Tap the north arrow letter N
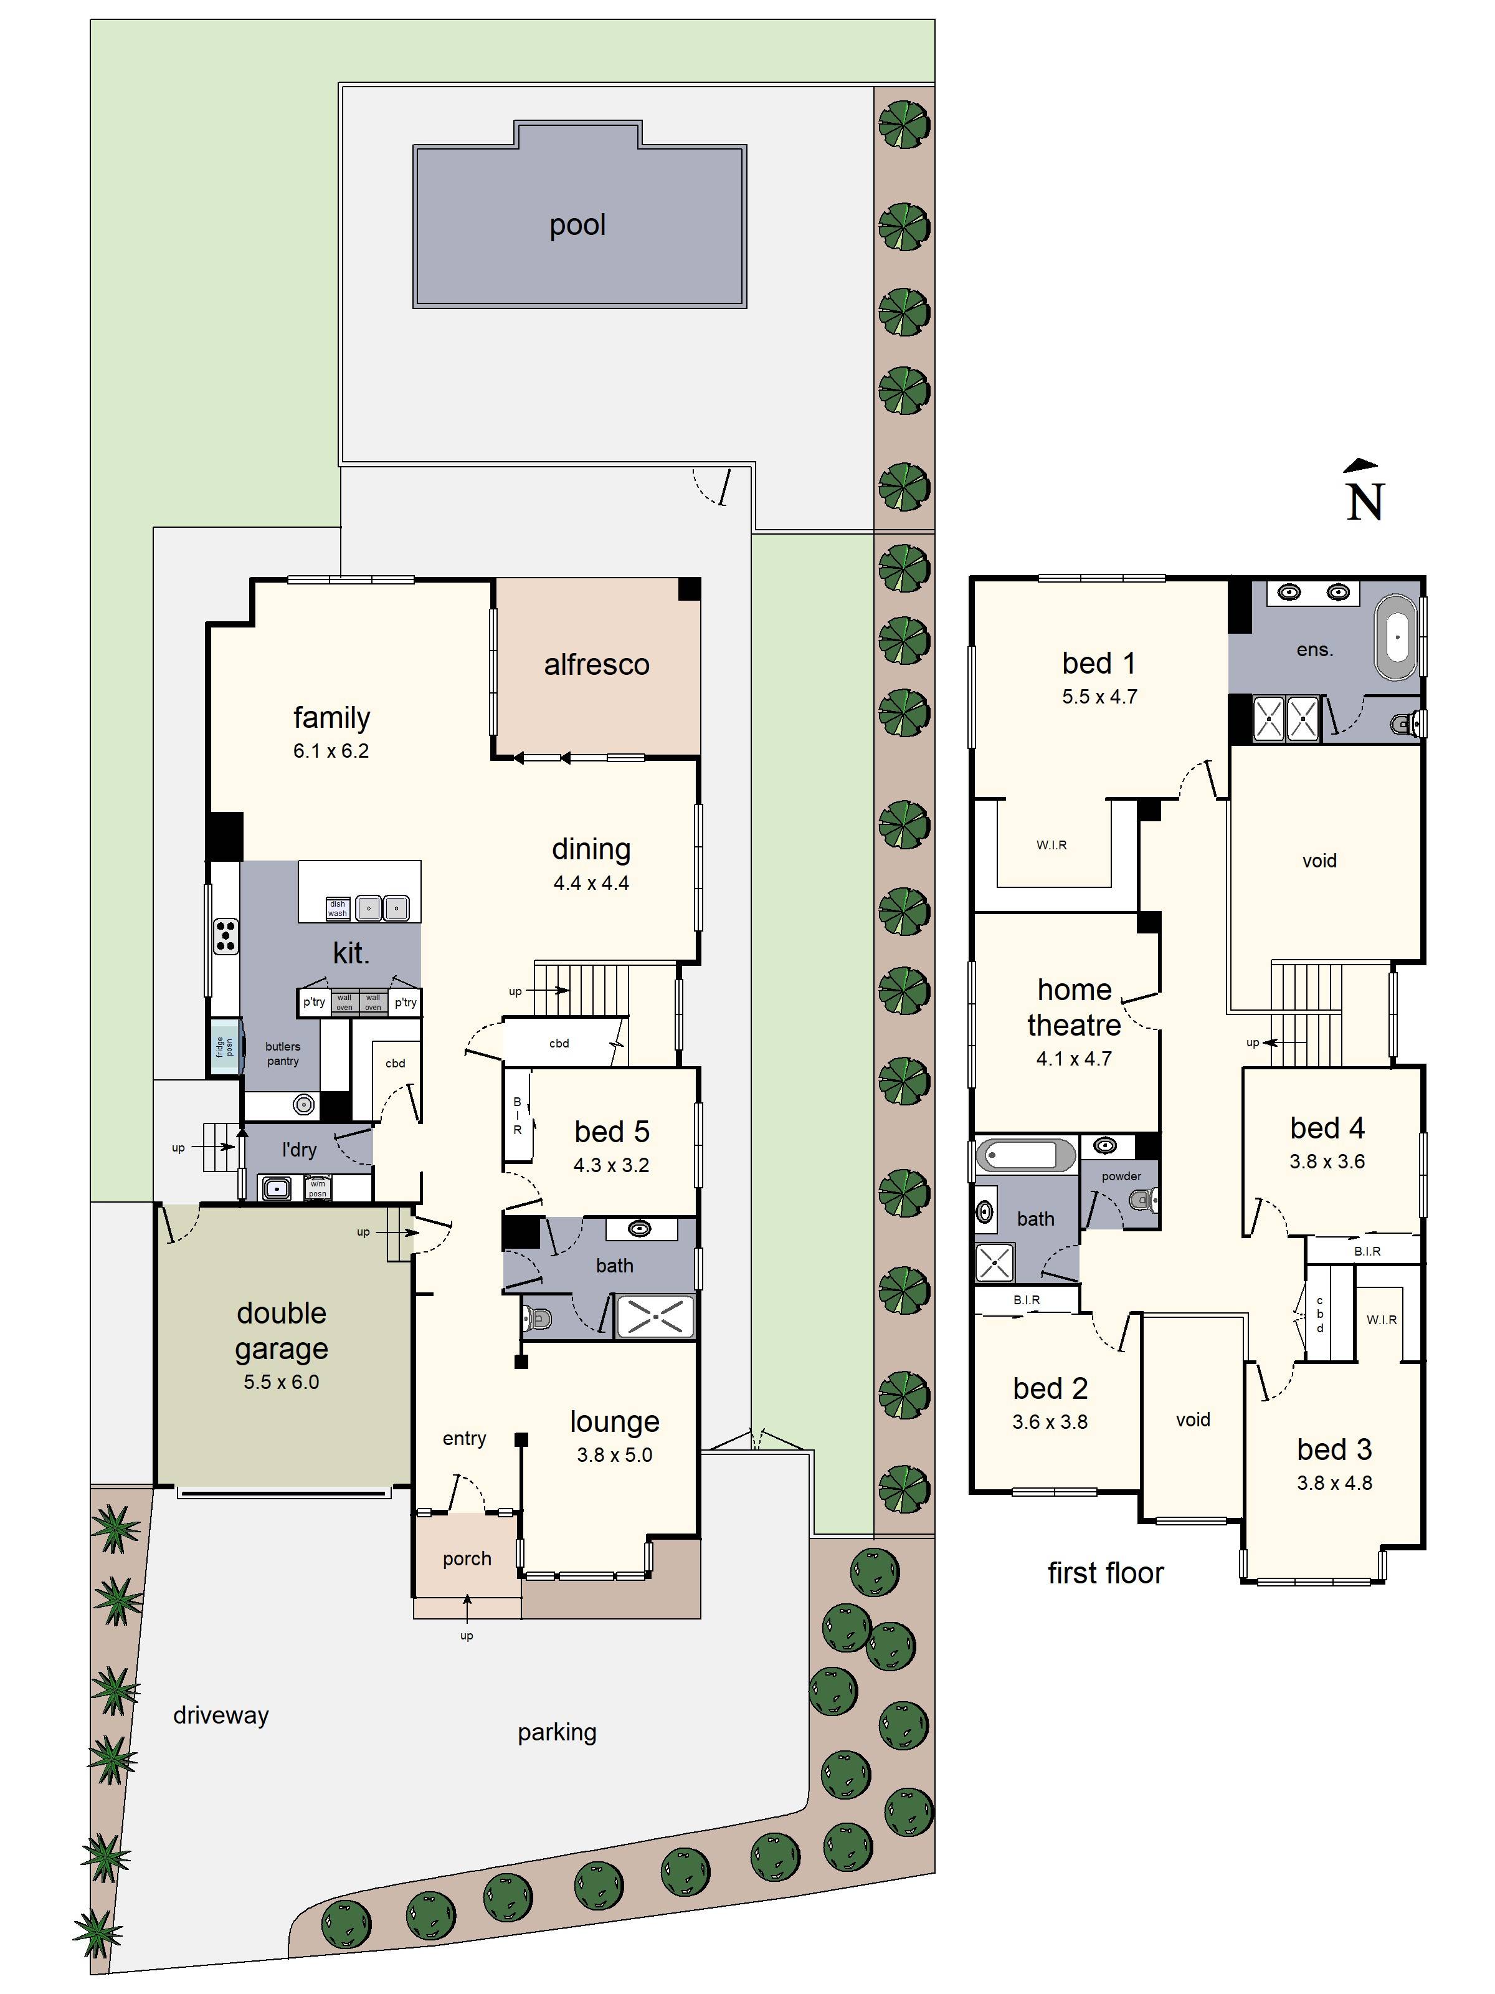1364,503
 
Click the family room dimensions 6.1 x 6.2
331,751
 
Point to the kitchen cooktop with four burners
225,936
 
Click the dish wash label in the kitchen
337,909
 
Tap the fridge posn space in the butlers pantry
224,1047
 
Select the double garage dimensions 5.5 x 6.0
281,1382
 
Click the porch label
467,1558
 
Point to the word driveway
221,1715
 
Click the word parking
556,1732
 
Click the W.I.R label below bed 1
1051,845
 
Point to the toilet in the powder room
1142,1200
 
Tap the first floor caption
1105,1573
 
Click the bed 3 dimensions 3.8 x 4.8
1334,1483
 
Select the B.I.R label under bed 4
1366,1251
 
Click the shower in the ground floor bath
655,1317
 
